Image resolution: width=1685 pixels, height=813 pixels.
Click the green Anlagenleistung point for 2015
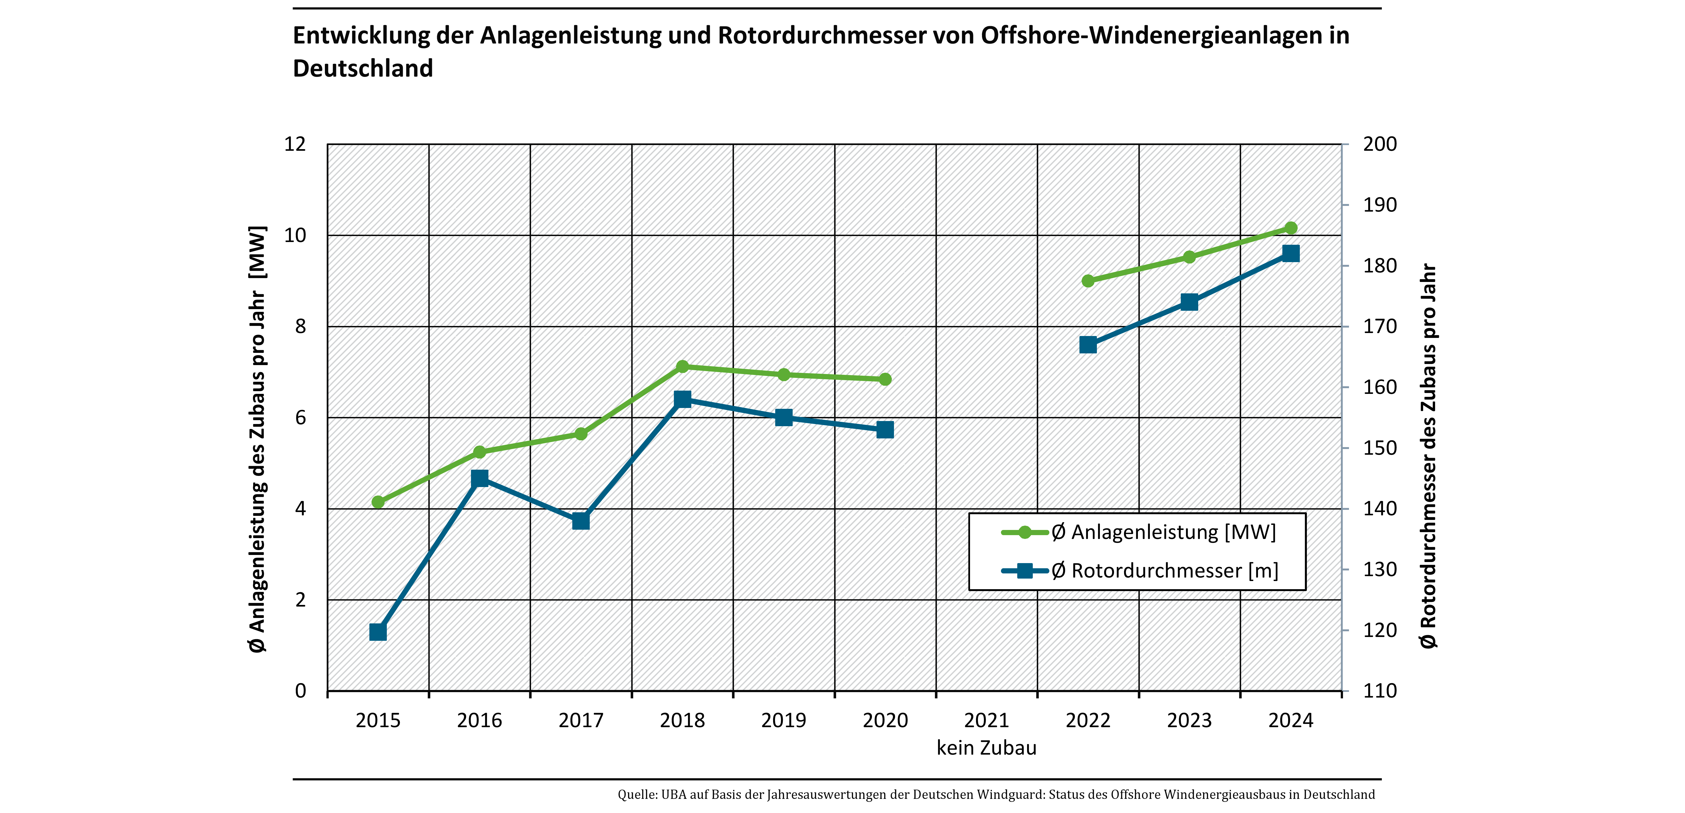click(378, 502)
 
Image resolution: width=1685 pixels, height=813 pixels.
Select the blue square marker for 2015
click(378, 632)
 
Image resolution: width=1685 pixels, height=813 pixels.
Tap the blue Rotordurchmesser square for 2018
click(682, 399)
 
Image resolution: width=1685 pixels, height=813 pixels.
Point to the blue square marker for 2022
click(1088, 345)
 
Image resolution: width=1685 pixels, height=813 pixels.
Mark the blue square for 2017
click(581, 521)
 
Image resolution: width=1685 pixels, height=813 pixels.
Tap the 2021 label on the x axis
click(986, 720)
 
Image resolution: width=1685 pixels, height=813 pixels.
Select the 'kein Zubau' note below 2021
click(986, 748)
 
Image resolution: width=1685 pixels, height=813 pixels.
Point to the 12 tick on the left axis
click(295, 144)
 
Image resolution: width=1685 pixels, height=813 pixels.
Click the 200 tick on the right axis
click(1379, 144)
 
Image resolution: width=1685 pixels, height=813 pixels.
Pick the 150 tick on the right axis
click(1379, 448)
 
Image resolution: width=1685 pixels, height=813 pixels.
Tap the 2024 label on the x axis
click(1291, 720)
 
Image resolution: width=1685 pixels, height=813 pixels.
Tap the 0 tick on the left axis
click(300, 691)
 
